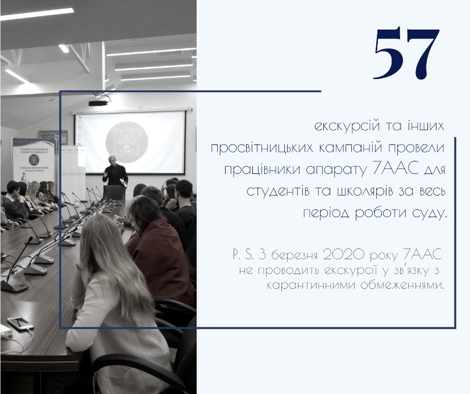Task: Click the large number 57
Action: tap(407, 53)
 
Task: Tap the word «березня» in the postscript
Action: tap(294, 255)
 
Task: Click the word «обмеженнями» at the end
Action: tap(402, 285)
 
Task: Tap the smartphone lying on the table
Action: tap(20, 324)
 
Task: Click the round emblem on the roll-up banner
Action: tap(34, 160)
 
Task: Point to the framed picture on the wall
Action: tap(53, 137)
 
